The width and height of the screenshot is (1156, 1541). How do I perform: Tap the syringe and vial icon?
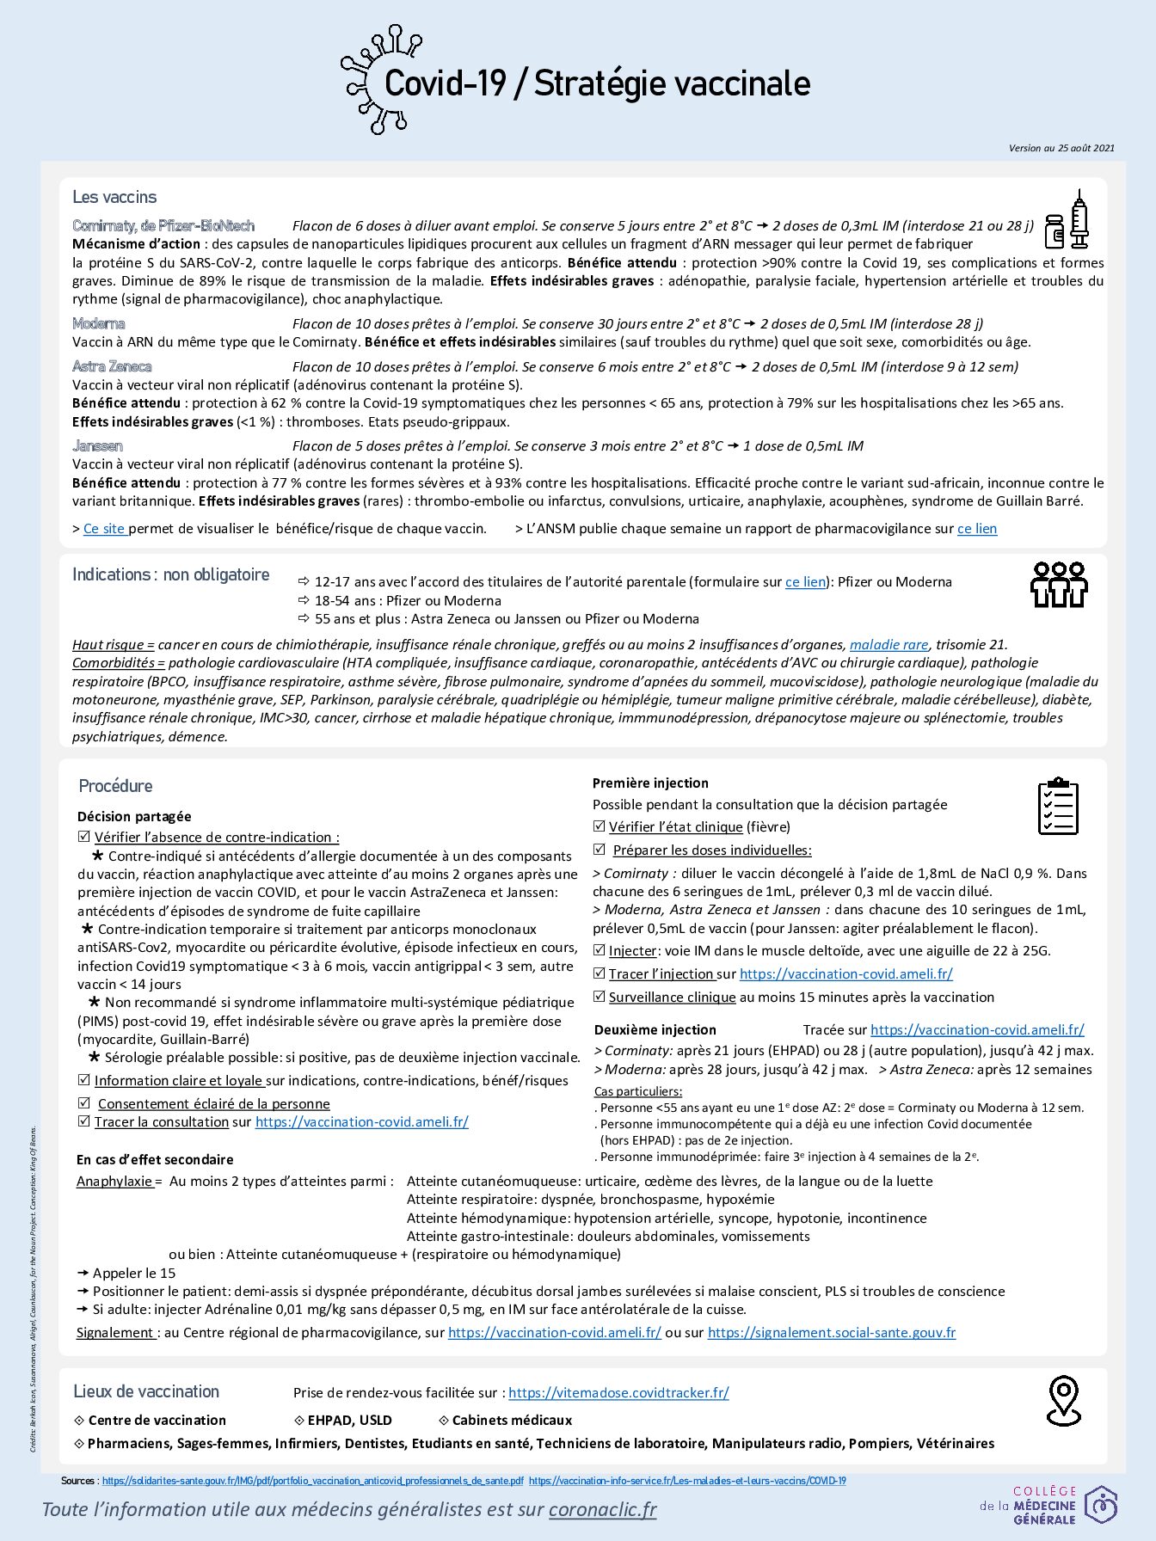click(x=1067, y=223)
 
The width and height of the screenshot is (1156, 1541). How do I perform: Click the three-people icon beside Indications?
click(x=1059, y=585)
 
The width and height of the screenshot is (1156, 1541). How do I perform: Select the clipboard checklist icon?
click(x=1058, y=806)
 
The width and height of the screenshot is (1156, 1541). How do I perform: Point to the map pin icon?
click(x=1064, y=1400)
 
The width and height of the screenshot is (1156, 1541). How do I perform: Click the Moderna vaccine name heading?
click(x=99, y=324)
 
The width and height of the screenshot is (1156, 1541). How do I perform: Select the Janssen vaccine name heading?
click(x=97, y=445)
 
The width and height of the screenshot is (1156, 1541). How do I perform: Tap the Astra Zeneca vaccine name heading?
click(x=112, y=366)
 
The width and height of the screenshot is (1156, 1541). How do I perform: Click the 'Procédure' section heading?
click(x=115, y=786)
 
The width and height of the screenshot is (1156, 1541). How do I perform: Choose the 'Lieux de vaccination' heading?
click(x=146, y=1391)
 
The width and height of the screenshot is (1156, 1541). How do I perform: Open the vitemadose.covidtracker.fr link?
click(x=618, y=1392)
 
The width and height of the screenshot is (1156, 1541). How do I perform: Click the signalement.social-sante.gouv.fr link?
click(x=831, y=1332)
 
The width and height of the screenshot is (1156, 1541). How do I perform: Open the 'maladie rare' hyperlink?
click(x=889, y=644)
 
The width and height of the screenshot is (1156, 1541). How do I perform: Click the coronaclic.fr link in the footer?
click(x=602, y=1509)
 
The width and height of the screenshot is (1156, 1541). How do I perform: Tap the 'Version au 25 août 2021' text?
click(x=1061, y=148)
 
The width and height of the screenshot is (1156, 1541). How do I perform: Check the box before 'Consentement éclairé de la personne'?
click(x=84, y=1103)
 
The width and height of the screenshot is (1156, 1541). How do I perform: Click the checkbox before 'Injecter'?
click(x=600, y=950)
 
